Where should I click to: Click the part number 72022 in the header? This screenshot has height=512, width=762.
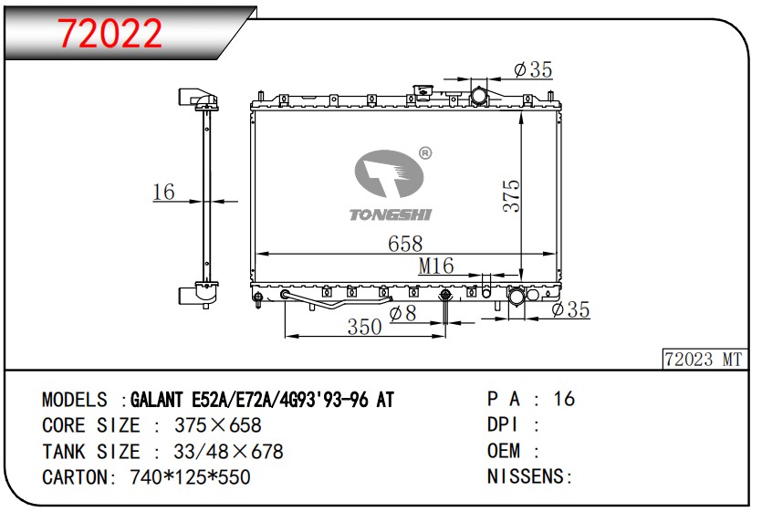coord(110,33)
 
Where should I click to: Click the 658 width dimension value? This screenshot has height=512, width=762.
coord(405,244)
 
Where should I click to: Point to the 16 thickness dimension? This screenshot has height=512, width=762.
coord(163,192)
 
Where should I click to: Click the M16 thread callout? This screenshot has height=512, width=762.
coord(436,266)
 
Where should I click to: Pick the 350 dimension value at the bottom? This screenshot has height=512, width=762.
coord(364,327)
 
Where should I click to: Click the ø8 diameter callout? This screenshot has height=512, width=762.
coord(402,313)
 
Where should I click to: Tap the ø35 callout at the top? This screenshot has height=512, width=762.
coord(533,69)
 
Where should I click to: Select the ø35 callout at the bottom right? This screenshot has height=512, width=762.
coord(571,310)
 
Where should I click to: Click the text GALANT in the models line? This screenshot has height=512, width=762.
coord(158,400)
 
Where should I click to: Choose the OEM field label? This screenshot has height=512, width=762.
coord(504,451)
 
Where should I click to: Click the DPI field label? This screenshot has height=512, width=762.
coord(503,425)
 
